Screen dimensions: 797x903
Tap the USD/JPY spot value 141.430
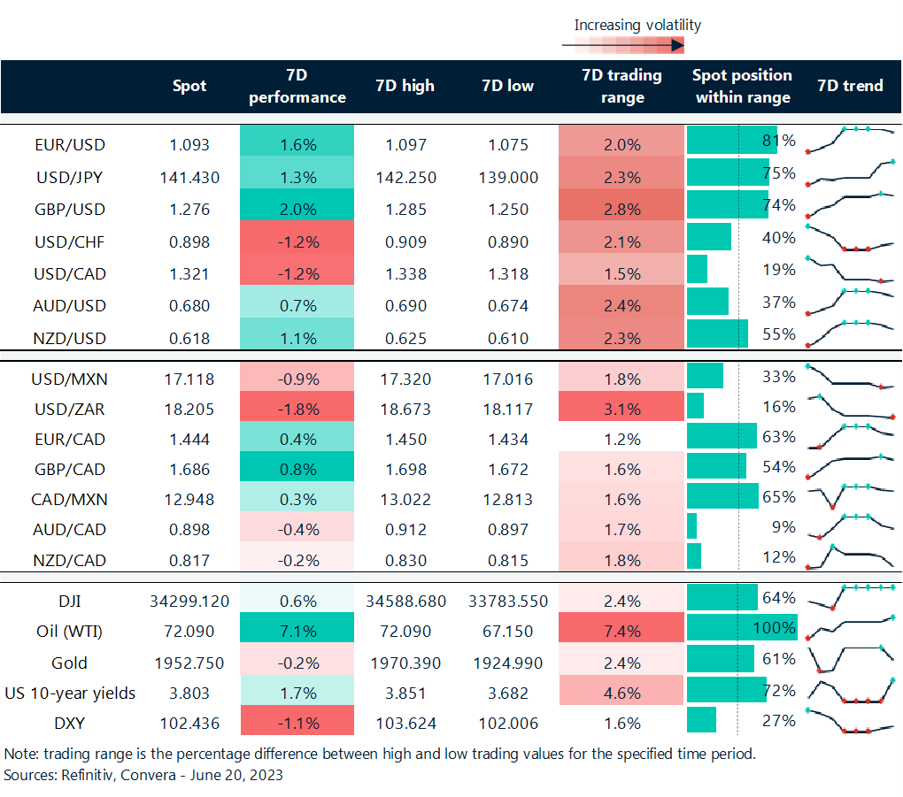point(189,177)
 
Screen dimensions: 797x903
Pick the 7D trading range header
point(622,86)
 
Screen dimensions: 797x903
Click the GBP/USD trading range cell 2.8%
point(621,209)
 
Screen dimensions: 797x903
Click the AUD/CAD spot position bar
point(691,528)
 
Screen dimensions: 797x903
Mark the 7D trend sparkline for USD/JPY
point(851,173)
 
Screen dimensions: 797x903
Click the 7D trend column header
point(850,86)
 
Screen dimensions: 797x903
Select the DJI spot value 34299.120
point(189,601)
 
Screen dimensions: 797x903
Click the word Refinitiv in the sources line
point(87,775)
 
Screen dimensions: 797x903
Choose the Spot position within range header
point(742,86)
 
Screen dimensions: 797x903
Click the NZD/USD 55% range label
point(779,334)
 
